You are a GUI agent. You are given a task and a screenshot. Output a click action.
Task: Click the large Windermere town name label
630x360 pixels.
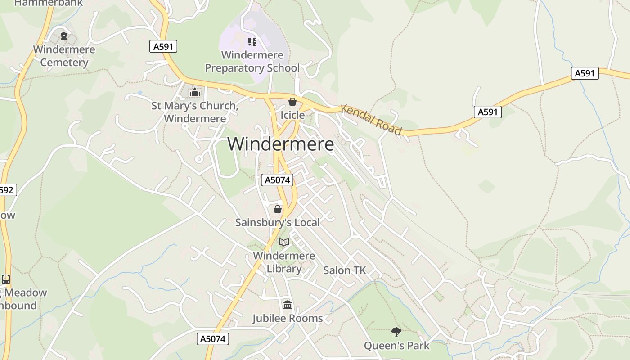tap(280, 144)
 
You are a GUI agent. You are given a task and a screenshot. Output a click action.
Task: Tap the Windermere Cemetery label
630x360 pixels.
tap(64, 56)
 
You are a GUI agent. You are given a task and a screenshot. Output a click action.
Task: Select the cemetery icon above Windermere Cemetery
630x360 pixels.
tap(64, 36)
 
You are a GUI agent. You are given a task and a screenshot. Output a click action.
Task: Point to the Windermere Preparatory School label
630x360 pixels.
tap(252, 61)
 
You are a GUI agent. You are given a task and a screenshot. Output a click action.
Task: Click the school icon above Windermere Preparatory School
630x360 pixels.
tap(252, 42)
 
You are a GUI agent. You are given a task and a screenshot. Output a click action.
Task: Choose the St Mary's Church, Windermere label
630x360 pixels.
tap(195, 112)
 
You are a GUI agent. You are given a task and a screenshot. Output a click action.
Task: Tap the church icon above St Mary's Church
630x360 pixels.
tap(195, 93)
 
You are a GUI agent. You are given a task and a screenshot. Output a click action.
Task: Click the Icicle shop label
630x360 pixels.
tap(292, 115)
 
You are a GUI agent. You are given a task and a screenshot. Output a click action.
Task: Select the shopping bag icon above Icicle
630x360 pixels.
tap(292, 102)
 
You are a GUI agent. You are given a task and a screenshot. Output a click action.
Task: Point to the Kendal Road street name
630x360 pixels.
tap(371, 120)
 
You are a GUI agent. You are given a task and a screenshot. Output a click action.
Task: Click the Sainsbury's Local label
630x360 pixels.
tap(278, 222)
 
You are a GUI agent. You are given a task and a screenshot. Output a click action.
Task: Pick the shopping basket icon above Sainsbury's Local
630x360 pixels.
tap(278, 209)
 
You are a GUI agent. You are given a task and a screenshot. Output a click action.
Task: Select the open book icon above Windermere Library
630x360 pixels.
tap(284, 243)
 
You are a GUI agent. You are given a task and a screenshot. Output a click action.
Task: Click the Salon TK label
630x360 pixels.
tap(345, 270)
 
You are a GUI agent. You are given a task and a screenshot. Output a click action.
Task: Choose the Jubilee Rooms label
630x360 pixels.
tap(288, 318)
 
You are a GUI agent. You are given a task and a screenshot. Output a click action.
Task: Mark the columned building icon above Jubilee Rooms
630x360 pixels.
tap(288, 305)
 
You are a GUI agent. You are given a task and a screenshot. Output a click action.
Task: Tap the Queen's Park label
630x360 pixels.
tap(396, 346)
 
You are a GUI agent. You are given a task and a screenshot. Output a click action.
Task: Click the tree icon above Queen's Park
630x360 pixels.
tap(396, 332)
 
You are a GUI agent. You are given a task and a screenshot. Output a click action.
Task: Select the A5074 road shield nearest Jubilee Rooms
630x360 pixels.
tap(213, 339)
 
